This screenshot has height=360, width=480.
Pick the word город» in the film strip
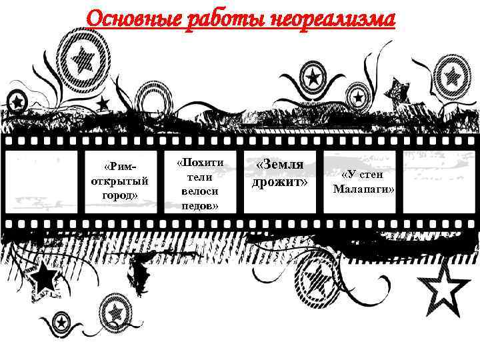coord(119,195)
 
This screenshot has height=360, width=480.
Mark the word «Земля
coord(280,165)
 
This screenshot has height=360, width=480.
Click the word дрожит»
coord(280,181)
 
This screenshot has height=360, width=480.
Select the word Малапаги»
coord(364,189)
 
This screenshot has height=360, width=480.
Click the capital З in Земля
coord(269,165)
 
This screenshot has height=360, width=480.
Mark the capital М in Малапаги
coord(338,189)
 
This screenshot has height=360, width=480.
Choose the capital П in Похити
coord(185,163)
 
